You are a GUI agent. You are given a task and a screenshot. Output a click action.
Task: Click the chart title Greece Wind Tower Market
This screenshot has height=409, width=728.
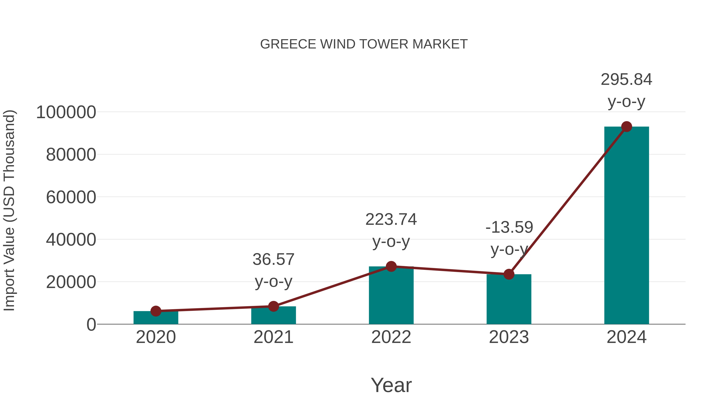coord(364,44)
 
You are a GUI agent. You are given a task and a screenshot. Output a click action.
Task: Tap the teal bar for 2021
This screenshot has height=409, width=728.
coord(273,316)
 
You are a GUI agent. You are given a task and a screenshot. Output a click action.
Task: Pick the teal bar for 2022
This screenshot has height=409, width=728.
coord(391,296)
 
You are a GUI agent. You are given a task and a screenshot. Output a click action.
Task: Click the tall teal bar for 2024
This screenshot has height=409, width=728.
coord(626,226)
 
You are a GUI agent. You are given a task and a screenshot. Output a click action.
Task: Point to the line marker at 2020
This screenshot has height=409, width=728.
coord(156,311)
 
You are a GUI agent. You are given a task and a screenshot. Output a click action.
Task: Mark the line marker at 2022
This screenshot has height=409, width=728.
coord(391,266)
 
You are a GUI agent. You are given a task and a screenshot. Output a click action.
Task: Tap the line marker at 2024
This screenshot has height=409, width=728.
coord(626,127)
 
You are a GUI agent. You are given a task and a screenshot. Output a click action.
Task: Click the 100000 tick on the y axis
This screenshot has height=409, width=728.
coord(66,112)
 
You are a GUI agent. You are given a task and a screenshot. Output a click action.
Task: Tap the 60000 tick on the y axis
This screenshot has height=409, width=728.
coord(71,197)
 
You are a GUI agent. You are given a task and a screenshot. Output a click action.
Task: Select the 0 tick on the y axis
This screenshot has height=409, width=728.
coord(91,325)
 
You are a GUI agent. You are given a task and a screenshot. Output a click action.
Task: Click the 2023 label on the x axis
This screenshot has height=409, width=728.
coord(509,337)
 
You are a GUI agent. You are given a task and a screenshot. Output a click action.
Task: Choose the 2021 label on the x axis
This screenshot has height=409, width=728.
coord(273,337)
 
